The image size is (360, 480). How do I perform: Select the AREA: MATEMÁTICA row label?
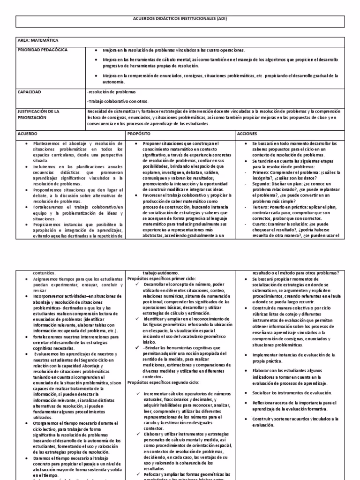(36, 40)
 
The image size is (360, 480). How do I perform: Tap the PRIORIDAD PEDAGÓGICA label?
(42, 49)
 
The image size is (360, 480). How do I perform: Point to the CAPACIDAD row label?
(29, 92)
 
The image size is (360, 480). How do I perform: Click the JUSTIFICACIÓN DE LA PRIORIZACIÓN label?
(39, 114)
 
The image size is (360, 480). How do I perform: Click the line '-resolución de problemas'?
(111, 92)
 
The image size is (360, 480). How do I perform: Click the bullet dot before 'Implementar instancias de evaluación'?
(247, 355)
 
